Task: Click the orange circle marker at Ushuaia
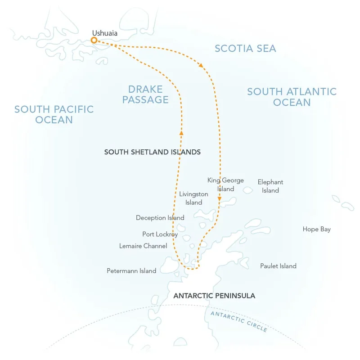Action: click(x=94, y=40)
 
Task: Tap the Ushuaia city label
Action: click(x=104, y=32)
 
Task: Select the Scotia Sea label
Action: click(x=245, y=48)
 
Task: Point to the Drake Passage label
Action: click(x=145, y=94)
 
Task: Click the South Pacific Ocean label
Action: click(x=54, y=114)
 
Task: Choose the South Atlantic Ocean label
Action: click(x=292, y=97)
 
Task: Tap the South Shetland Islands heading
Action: click(x=152, y=152)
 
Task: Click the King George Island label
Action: click(x=225, y=184)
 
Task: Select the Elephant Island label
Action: click(x=270, y=186)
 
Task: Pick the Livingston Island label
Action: click(x=193, y=198)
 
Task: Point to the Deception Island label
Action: click(x=160, y=218)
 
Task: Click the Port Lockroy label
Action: click(x=160, y=234)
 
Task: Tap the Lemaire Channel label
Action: click(x=143, y=246)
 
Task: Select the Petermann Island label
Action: click(x=131, y=271)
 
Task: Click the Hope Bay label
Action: click(x=316, y=229)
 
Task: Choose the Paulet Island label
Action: click(x=278, y=266)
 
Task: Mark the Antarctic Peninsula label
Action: click(x=214, y=296)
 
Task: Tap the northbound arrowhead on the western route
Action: click(x=181, y=132)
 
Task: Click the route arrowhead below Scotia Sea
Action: click(x=201, y=66)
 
